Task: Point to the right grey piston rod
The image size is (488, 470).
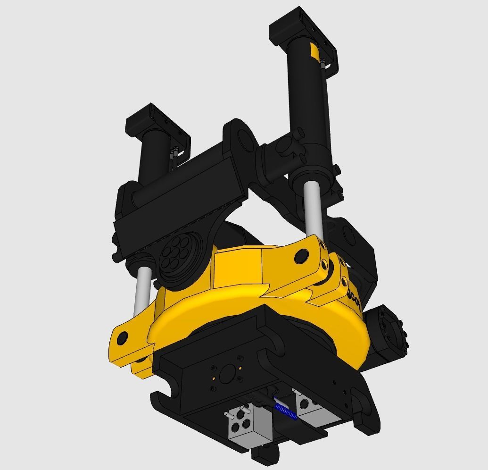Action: [313, 208]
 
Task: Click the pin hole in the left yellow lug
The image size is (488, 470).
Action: [122, 338]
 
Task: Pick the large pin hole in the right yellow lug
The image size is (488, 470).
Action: [301, 257]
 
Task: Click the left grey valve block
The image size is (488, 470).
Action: [245, 426]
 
